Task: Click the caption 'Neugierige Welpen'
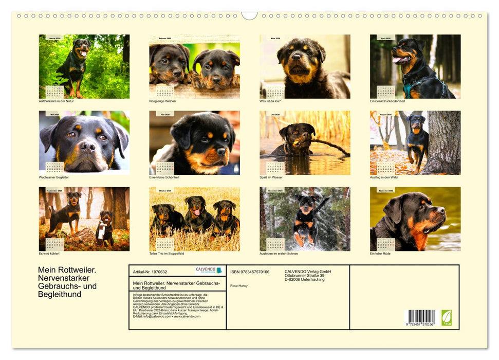(x=162, y=101)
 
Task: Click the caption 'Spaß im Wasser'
(x=271, y=177)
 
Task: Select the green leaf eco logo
(x=447, y=317)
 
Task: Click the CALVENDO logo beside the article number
(x=209, y=271)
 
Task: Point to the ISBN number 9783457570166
(x=250, y=272)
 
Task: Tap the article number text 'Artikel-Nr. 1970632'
(x=150, y=272)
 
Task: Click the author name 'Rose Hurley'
(x=239, y=285)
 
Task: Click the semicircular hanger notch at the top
(x=249, y=15)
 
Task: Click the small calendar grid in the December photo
(x=386, y=244)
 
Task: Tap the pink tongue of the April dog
(x=397, y=60)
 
